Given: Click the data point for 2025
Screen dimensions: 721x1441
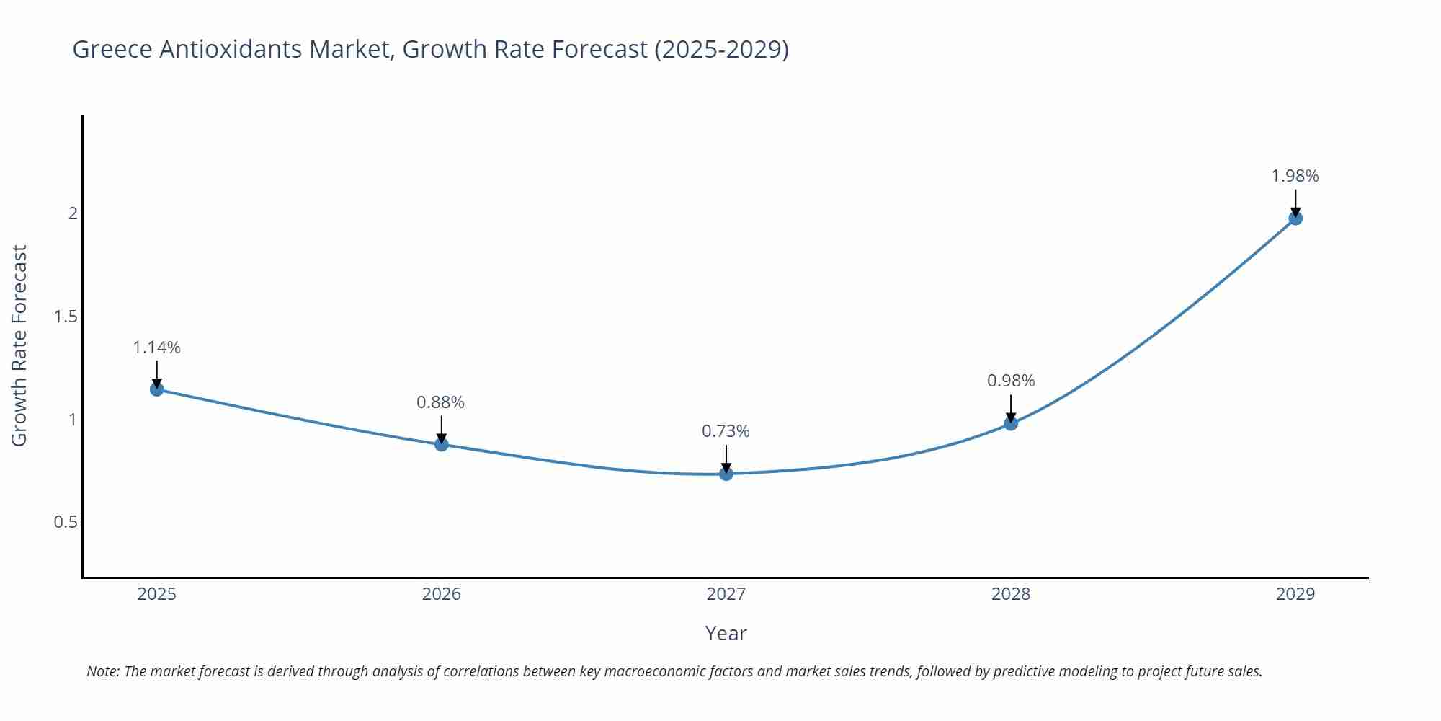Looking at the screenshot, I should [156, 389].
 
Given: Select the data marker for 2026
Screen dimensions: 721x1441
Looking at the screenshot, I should [442, 444].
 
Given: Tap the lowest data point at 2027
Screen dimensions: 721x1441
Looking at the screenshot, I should [726, 474].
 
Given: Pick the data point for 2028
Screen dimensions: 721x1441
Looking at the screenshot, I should [1011, 423].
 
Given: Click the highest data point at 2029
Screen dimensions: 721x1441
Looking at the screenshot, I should [1295, 218].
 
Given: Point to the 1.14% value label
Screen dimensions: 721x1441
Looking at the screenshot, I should [156, 348].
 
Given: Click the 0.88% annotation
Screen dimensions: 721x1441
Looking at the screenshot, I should [440, 402].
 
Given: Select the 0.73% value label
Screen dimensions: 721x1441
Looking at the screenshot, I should [726, 431].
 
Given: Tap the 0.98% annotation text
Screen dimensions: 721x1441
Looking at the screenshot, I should [1011, 381].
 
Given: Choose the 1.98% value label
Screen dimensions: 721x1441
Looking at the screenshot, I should [1295, 176].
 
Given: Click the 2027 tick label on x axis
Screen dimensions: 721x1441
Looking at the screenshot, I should [726, 594].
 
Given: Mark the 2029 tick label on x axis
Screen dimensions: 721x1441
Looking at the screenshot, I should [1295, 594].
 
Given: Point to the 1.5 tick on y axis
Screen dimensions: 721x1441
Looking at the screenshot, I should [66, 316].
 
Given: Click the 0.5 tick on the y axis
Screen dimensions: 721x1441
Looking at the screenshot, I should [66, 521].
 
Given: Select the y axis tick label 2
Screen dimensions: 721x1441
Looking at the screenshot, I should [73, 213].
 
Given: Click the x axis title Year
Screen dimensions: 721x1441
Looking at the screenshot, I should [726, 633].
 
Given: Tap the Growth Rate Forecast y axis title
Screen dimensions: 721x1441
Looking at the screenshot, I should [19, 345].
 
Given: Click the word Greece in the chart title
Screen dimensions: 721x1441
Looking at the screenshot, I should [112, 49].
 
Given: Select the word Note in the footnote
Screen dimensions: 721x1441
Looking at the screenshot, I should [102, 671].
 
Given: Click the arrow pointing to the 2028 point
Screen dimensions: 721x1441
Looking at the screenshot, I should [1011, 408].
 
